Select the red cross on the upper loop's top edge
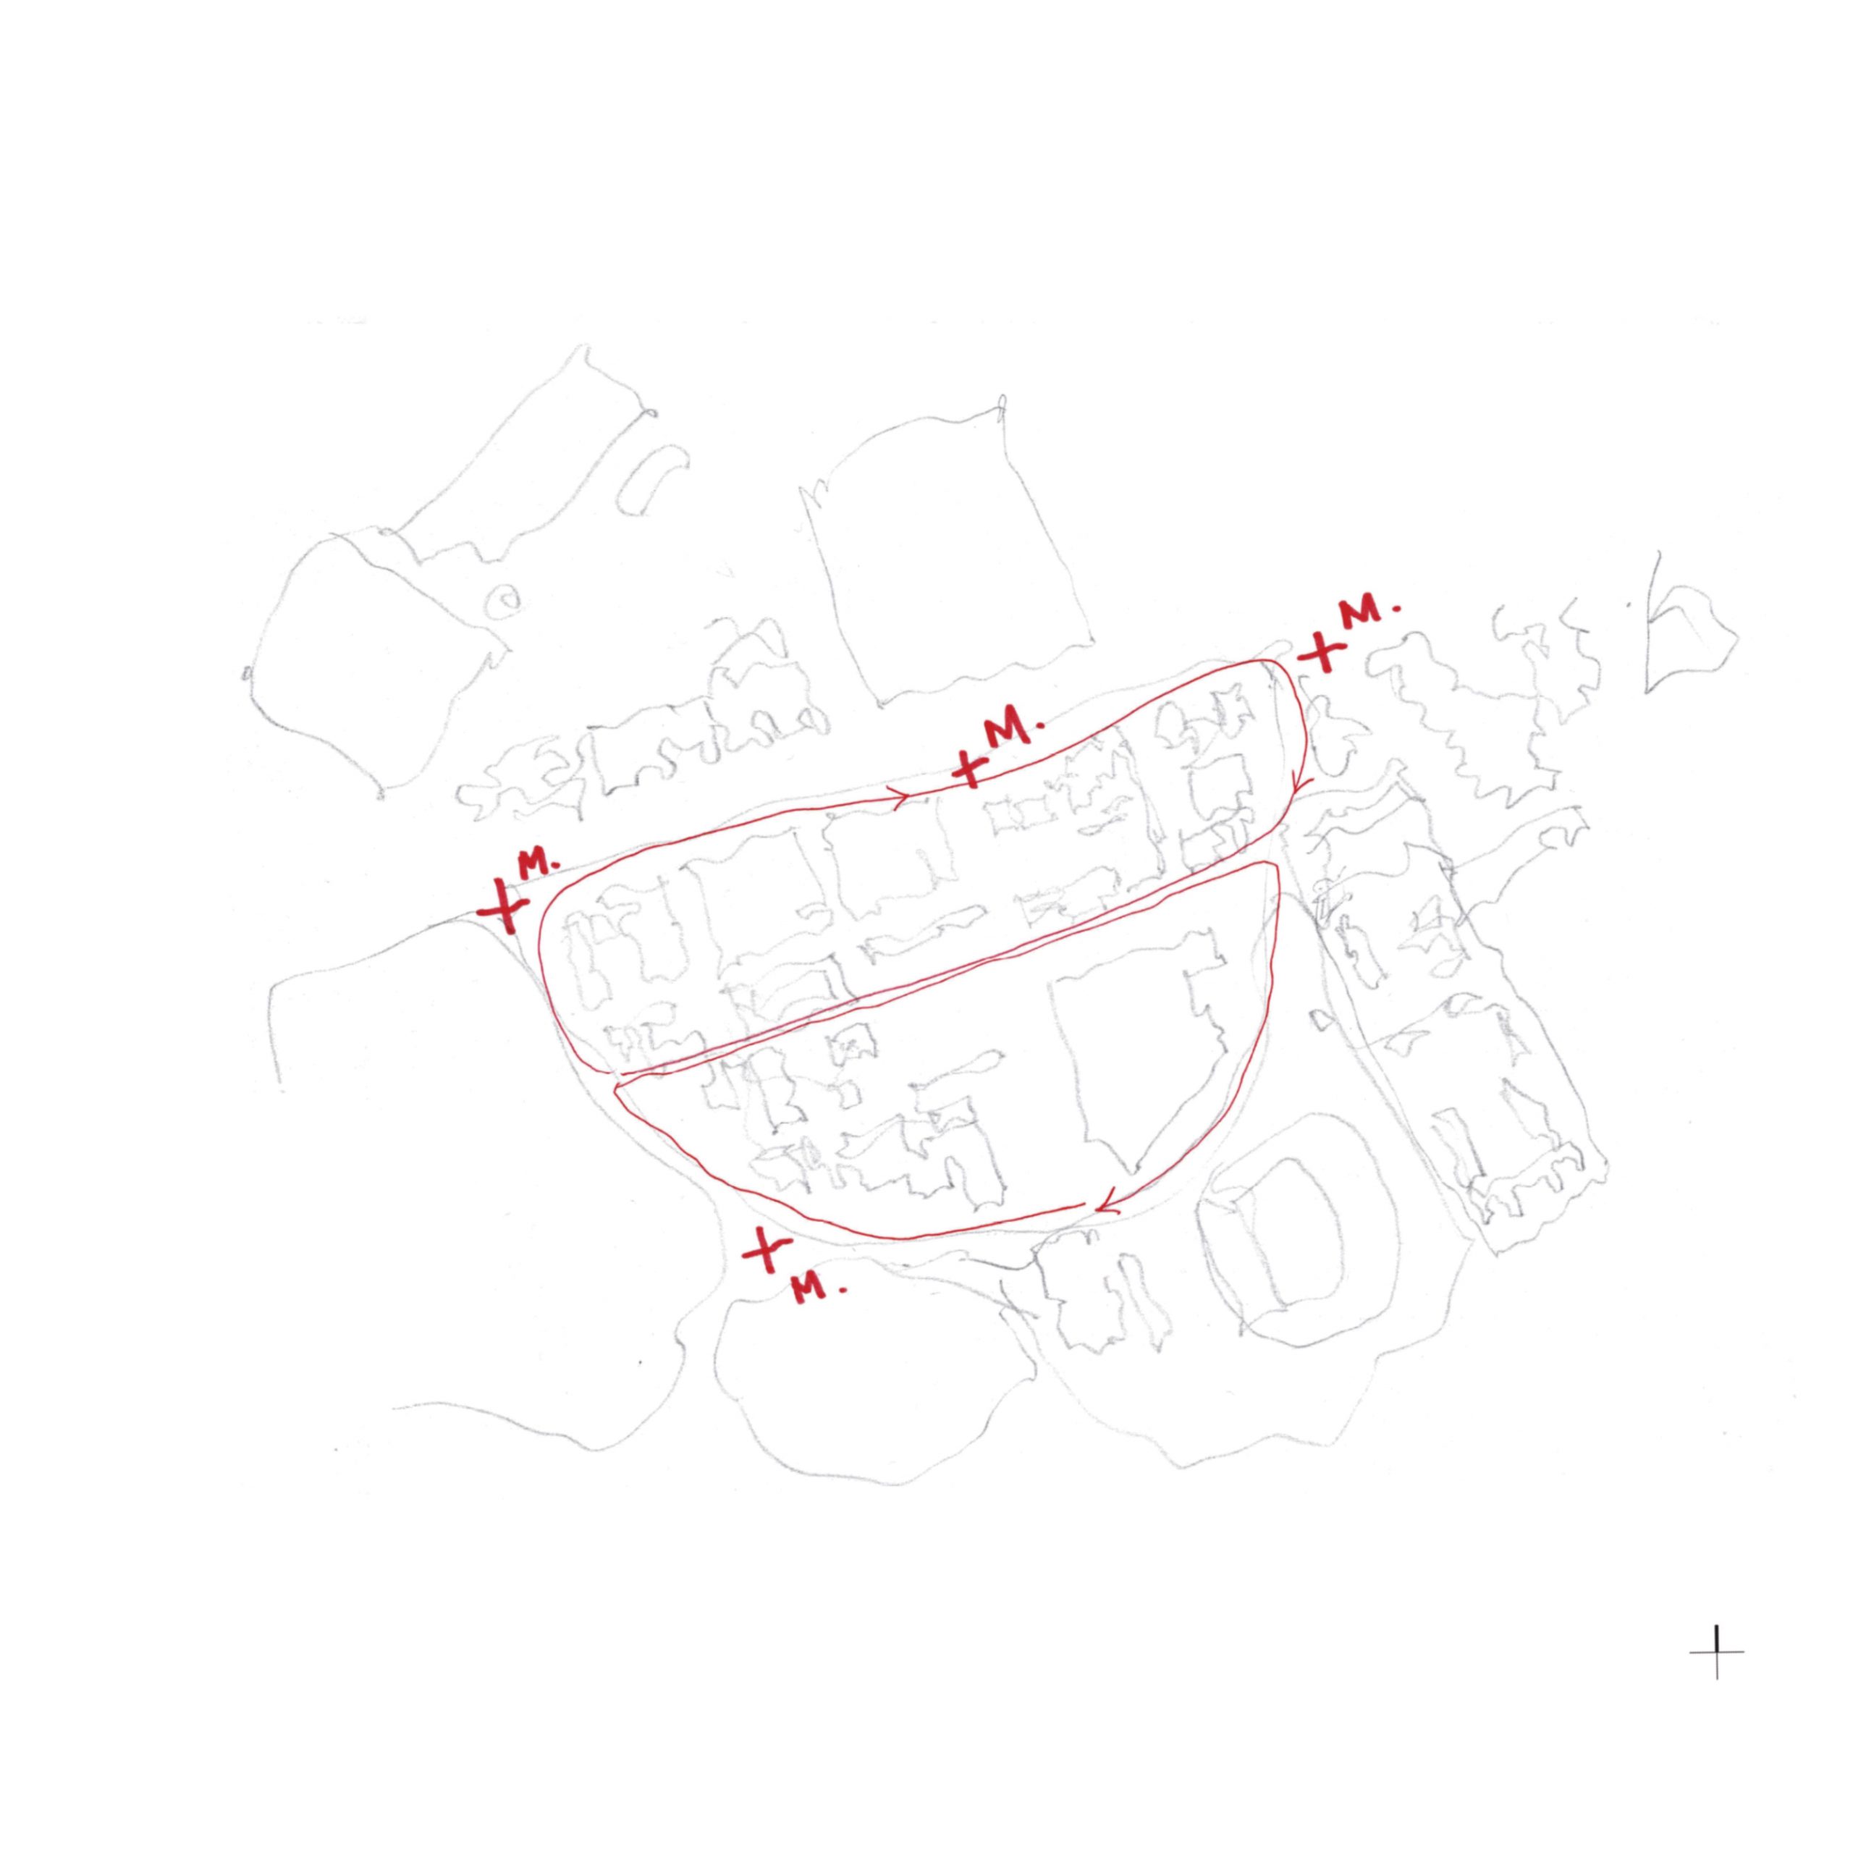coord(970,767)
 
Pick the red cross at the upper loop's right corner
coord(1322,655)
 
